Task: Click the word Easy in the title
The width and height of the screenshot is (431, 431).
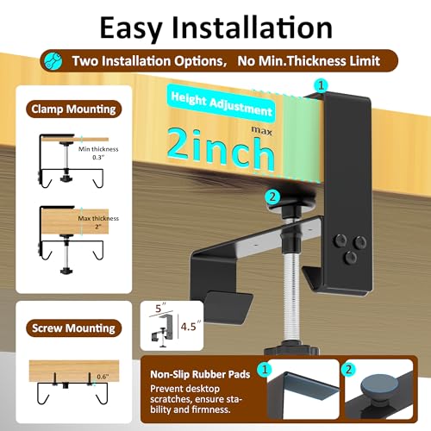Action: pyautogui.click(x=131, y=28)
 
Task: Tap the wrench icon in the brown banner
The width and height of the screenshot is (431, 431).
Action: pyautogui.click(x=53, y=60)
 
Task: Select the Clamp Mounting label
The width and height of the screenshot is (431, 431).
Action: pyautogui.click(x=73, y=109)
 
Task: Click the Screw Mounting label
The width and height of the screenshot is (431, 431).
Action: pyautogui.click(x=73, y=328)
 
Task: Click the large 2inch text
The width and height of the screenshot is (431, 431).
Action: pyautogui.click(x=221, y=149)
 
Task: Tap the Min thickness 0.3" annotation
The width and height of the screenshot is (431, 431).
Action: pyautogui.click(x=98, y=153)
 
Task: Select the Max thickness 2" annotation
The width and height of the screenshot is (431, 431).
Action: pyautogui.click(x=98, y=222)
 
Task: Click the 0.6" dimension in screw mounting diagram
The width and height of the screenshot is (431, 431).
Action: pyautogui.click(x=103, y=377)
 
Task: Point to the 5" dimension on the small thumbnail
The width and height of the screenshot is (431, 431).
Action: pyautogui.click(x=160, y=308)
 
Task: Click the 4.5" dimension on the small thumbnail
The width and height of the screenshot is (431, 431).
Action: pyautogui.click(x=191, y=326)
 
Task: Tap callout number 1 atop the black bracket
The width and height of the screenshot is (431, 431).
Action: pyautogui.click(x=321, y=85)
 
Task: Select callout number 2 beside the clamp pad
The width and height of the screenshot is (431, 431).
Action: pyautogui.click(x=272, y=197)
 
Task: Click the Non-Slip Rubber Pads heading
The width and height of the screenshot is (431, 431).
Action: pyautogui.click(x=200, y=374)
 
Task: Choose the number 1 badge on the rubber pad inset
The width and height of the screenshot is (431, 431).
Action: pyautogui.click(x=265, y=369)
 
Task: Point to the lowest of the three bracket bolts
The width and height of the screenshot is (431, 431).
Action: pyautogui.click(x=351, y=257)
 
